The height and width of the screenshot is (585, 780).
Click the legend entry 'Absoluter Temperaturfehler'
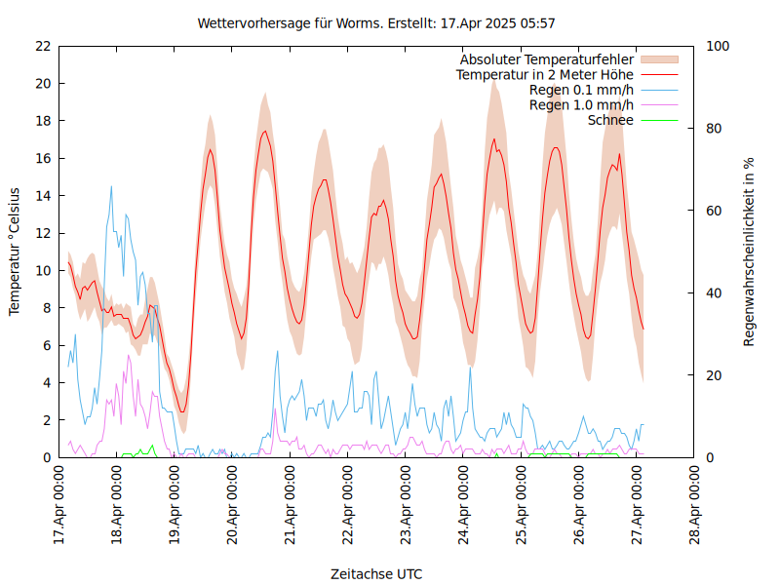pyautogui.click(x=547, y=59)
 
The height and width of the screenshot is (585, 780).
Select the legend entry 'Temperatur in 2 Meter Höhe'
pyautogui.click(x=545, y=74)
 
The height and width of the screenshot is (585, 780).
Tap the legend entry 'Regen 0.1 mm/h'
pyautogui.click(x=581, y=90)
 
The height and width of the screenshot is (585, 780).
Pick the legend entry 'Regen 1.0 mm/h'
pyautogui.click(x=581, y=105)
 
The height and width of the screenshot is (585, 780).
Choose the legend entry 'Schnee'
pyautogui.click(x=611, y=120)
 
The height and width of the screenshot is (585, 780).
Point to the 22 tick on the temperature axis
pyautogui.click(x=42, y=46)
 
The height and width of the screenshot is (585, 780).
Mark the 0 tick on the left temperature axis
pyautogui.click(x=46, y=457)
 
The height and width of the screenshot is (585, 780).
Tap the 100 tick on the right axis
pyautogui.click(x=719, y=46)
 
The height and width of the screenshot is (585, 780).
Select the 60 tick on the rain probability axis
pyautogui.click(x=715, y=211)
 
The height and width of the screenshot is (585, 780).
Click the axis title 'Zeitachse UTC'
pyautogui.click(x=376, y=573)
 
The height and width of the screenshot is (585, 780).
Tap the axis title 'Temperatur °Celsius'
pyautogui.click(x=15, y=252)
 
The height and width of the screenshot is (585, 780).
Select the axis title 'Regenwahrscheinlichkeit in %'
pyautogui.click(x=750, y=252)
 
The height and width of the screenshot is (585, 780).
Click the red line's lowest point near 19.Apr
pyautogui.click(x=181, y=411)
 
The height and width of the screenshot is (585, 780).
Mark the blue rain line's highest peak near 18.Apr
pyautogui.click(x=111, y=186)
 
